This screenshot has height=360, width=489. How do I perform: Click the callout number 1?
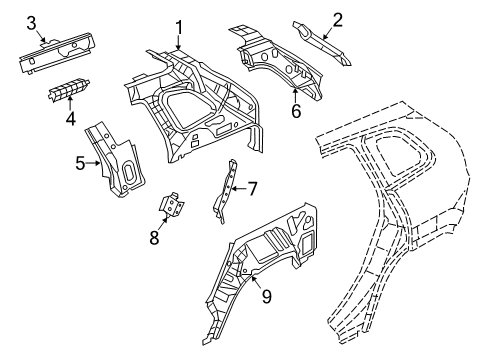(178, 27)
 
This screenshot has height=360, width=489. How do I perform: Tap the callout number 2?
(337, 18)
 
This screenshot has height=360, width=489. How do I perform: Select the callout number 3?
(31, 22)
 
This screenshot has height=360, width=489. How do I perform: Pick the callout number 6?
(295, 110)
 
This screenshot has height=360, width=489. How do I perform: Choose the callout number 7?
(252, 187)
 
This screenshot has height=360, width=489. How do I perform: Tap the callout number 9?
(265, 295)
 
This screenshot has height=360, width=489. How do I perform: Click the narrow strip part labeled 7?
(224, 195)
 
